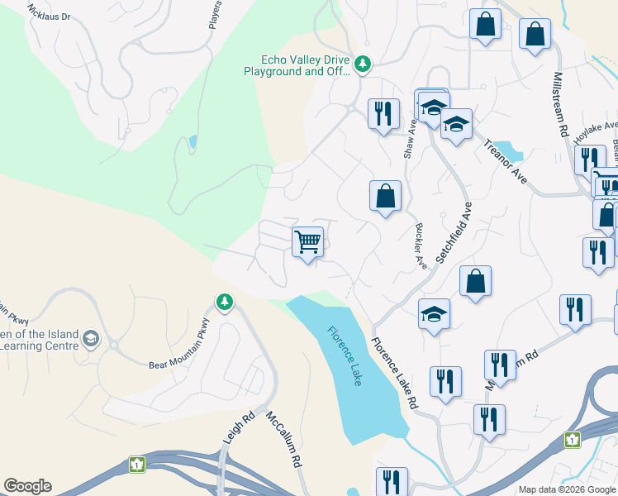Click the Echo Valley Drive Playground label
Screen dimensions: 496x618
[x=306, y=65]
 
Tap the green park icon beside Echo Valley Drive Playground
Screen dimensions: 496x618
[x=362, y=63]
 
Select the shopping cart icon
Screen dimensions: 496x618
[x=307, y=243]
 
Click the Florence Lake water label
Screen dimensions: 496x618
[x=345, y=356]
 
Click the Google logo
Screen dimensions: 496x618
[x=27, y=486]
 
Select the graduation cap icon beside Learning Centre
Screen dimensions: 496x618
[x=90, y=339]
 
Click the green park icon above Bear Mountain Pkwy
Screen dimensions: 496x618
[x=224, y=303]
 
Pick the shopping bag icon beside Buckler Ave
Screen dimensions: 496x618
[x=385, y=197]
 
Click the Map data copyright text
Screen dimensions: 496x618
[x=568, y=489]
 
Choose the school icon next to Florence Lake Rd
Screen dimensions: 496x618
[x=434, y=314]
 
